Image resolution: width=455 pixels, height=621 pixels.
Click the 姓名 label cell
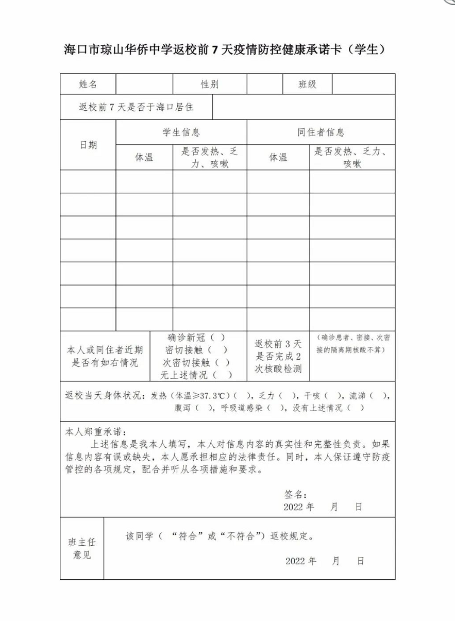coord(88,85)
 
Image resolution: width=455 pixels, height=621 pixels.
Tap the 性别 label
coord(210,85)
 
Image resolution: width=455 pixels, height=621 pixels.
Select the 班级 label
coord(307,85)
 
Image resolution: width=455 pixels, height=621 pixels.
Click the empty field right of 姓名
coord(144,85)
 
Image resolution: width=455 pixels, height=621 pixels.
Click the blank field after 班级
coord(363,85)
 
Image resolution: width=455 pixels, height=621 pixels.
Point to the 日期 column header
coord(88,145)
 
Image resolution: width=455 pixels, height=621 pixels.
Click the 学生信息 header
coord(181,132)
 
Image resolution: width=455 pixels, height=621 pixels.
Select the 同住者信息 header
coord(321,132)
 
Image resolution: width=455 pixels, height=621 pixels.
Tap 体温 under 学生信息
coord(144,157)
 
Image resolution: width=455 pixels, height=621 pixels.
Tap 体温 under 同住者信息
coord(278,157)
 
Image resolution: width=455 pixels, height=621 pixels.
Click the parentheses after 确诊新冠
coord(217,338)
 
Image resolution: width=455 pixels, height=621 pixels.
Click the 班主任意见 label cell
coord(82,548)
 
